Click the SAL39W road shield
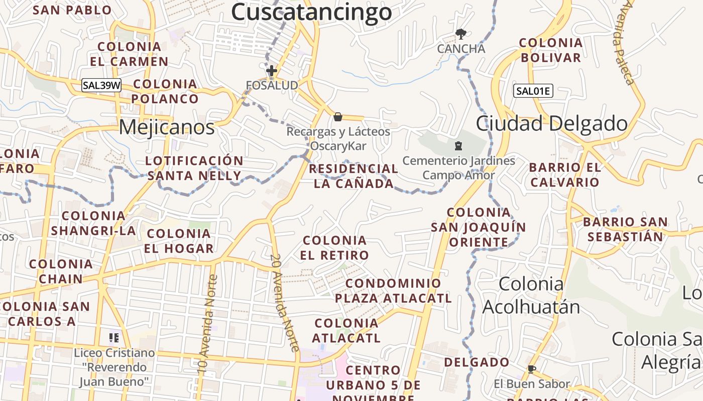point(101,85)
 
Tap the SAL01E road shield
point(533,91)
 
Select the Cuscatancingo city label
point(311,12)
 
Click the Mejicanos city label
point(167,127)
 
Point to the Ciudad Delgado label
point(551,123)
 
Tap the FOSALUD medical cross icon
point(272,71)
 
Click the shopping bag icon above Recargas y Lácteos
point(338,117)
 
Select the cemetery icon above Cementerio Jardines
point(458,146)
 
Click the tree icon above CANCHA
point(460,34)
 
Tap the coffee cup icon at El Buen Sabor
point(531,369)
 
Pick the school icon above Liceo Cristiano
point(114,338)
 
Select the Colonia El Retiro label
point(334,248)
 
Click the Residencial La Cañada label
point(354,176)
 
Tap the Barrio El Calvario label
point(565,174)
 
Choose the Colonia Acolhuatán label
point(531,295)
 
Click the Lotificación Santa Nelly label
point(194,168)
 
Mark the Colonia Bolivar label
point(551,50)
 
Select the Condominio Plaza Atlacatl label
point(393,291)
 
